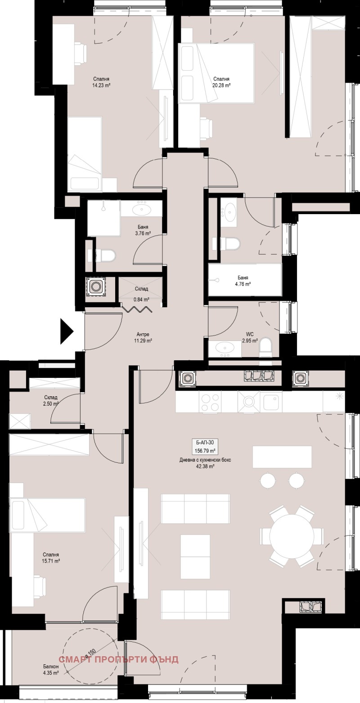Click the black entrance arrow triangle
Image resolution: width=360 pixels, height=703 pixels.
tap(67, 331)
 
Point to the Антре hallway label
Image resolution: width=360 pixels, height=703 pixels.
tap(143, 334)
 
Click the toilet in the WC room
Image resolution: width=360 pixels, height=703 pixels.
tap(266, 347)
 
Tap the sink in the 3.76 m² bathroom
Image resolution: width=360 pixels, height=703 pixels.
tap(144, 209)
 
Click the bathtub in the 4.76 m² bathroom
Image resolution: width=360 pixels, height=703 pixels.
tap(245, 280)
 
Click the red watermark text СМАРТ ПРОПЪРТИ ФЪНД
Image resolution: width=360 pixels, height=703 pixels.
tap(119, 659)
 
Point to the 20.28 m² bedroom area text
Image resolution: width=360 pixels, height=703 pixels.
tap(221, 85)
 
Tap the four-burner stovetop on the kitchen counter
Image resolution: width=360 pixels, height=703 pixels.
tap(210, 402)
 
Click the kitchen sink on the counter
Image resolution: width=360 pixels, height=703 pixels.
tap(272, 402)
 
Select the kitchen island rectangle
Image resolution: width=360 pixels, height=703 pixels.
tap(282, 457)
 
